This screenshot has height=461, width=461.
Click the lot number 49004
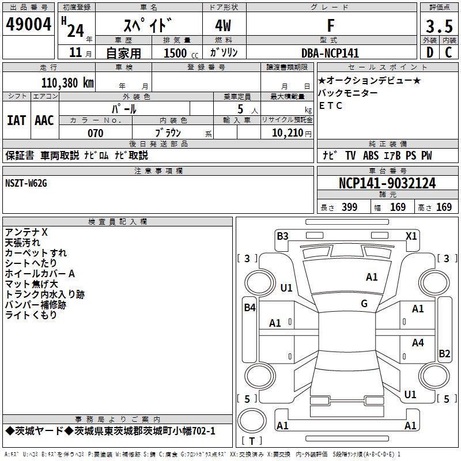click(x=29, y=24)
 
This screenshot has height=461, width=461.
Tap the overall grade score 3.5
click(x=439, y=27)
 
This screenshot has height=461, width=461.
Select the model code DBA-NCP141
click(x=330, y=53)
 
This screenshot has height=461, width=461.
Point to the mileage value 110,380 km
click(x=67, y=82)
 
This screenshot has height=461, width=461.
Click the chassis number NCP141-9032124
click(x=387, y=183)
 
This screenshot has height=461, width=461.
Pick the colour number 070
click(x=95, y=133)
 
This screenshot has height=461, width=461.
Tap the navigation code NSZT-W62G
click(x=26, y=183)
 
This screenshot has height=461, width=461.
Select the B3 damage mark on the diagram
click(x=282, y=236)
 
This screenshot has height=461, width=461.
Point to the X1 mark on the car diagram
click(x=411, y=236)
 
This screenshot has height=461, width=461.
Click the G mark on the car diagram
click(x=364, y=303)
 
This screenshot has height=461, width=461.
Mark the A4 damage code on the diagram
click(x=418, y=343)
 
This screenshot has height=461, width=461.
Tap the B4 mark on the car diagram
click(x=250, y=308)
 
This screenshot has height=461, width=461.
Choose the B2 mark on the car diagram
click(x=444, y=354)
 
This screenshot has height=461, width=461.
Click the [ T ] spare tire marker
click(x=252, y=441)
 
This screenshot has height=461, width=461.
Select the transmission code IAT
click(x=16, y=120)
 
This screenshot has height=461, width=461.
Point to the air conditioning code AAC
click(x=44, y=120)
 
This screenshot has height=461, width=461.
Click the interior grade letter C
click(x=448, y=52)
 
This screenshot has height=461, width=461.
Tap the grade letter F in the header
click(x=330, y=26)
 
